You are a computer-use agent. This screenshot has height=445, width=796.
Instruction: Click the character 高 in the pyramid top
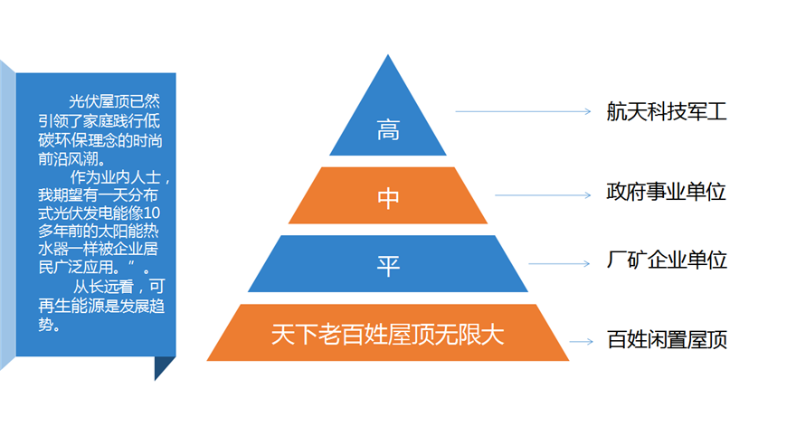[388, 130]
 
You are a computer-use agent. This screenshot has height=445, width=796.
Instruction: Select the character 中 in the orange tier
[388, 198]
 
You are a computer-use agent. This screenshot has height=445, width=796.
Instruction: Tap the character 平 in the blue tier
[388, 266]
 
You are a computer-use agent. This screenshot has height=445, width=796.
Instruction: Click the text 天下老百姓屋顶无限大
[388, 335]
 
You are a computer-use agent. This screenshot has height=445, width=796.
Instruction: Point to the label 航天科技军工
[667, 111]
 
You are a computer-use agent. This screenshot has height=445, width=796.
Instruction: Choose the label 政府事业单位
[666, 192]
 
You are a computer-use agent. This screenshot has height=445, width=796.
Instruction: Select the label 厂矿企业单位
[667, 260]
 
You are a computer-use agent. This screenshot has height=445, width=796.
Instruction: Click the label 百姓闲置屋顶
[667, 339]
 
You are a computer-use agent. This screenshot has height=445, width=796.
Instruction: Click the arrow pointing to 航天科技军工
[524, 111]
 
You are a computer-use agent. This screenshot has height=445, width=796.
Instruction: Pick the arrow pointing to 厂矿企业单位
[559, 263]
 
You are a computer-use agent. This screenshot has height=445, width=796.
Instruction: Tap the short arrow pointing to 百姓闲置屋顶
[582, 342]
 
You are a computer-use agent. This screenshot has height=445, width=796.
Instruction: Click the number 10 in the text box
[152, 213]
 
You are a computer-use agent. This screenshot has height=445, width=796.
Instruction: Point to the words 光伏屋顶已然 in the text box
[114, 101]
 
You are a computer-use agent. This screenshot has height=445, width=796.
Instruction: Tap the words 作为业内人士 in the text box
[116, 177]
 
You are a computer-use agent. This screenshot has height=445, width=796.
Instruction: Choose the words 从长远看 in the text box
[103, 287]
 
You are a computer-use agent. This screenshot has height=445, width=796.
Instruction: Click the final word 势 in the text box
[46, 324]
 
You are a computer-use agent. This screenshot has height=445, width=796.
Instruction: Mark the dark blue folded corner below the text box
[162, 365]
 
